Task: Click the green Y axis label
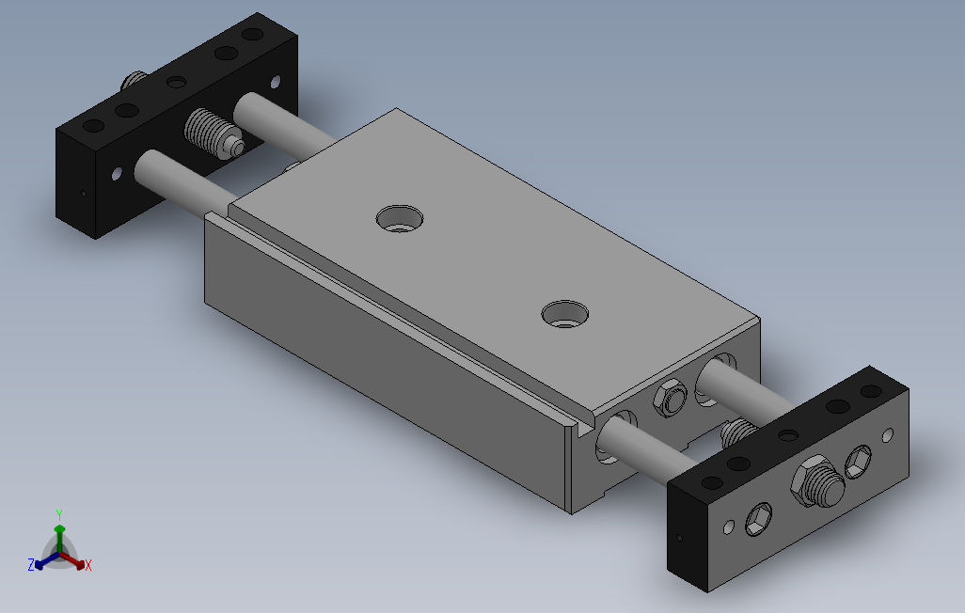tap(59, 514)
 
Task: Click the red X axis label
tap(88, 565)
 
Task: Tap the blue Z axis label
tap(31, 564)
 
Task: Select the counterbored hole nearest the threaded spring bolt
tap(400, 218)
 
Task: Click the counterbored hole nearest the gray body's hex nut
tap(565, 314)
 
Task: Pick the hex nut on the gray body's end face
tap(670, 399)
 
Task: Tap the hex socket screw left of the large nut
tap(758, 519)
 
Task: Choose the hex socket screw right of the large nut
tap(857, 463)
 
